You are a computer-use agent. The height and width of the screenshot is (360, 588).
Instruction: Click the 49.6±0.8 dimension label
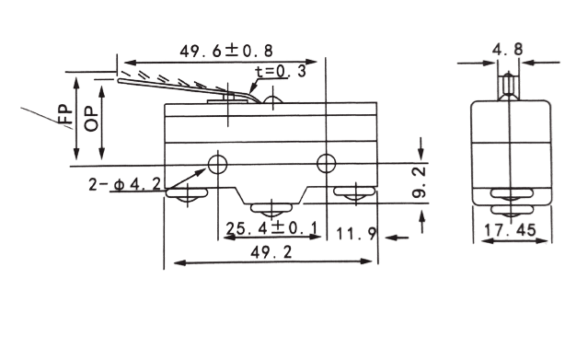pos(226,51)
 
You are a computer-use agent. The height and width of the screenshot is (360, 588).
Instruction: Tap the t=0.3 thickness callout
pos(281,71)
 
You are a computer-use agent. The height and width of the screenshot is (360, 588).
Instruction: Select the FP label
pos(65,114)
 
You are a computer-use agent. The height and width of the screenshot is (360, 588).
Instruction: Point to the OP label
pos(91,120)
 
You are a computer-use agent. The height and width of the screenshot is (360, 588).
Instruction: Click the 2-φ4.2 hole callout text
pos(124,184)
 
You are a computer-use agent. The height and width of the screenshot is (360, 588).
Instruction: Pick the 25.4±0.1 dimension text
pos(271,227)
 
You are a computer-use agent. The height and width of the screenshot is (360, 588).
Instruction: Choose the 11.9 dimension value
pos(356,234)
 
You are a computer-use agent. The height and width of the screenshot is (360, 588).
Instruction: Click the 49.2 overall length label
pos(271,252)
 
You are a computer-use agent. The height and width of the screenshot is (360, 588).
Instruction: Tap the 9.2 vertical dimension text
pos(420,181)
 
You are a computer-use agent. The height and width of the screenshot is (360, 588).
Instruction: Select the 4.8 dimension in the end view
pos(507,49)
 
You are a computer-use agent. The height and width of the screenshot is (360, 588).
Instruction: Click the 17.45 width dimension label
pos(510,230)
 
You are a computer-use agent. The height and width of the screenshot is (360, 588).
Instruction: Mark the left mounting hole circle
pos(217,164)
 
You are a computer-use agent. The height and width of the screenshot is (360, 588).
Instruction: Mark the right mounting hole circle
pos(327,163)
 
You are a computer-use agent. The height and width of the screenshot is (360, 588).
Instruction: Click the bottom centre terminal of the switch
pos(271,210)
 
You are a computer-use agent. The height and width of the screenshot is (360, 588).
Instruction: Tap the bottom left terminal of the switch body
pos(187,195)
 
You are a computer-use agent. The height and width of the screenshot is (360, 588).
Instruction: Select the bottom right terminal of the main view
pos(355,193)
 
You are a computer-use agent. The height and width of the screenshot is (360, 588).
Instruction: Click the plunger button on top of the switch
pos(273,99)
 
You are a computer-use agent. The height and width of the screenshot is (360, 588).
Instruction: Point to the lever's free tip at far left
pos(120,80)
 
